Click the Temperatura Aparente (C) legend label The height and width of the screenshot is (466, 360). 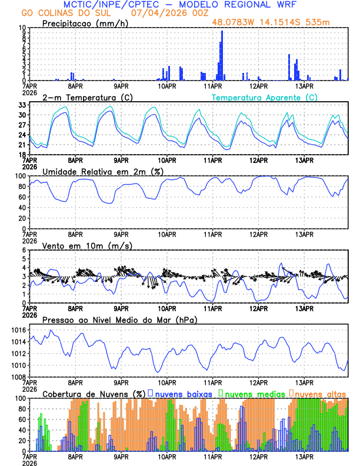tap(264, 97)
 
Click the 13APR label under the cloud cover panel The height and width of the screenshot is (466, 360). tap(304, 456)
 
